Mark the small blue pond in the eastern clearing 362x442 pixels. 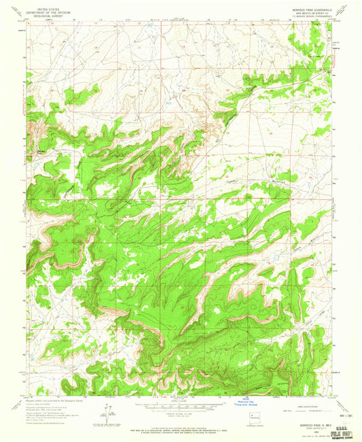(x=274, y=258)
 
